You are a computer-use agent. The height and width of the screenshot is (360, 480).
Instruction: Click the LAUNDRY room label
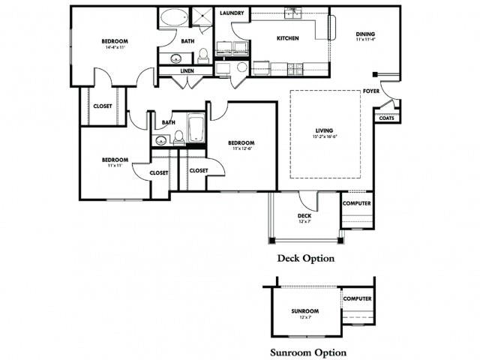click(231, 13)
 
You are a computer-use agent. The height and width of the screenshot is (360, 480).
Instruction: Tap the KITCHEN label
click(288, 38)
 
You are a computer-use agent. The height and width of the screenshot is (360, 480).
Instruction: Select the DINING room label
click(365, 34)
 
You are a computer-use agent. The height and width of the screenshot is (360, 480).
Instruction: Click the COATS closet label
click(386, 118)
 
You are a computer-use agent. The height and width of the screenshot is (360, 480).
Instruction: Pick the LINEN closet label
click(187, 70)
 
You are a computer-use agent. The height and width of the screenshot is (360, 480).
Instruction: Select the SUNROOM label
click(305, 310)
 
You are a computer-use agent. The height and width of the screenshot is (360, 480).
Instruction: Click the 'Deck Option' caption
click(306, 258)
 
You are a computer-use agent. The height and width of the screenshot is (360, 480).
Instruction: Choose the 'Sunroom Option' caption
click(308, 351)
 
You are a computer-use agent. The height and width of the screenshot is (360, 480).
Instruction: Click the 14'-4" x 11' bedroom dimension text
click(115, 47)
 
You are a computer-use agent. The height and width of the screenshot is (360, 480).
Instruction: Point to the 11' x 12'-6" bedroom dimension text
click(241, 148)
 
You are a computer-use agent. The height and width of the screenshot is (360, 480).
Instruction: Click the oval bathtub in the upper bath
click(175, 17)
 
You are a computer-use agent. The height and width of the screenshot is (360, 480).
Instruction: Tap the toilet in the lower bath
click(179, 136)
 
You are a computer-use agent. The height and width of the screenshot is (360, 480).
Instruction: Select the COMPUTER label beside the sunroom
click(357, 298)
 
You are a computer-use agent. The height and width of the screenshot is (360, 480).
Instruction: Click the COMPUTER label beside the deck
click(356, 203)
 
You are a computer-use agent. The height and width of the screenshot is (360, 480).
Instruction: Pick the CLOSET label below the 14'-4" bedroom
click(103, 106)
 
